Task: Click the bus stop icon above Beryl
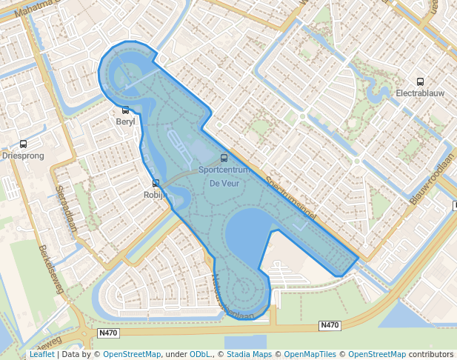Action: click(126, 110)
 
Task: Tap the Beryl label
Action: click(126, 122)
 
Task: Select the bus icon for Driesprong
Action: click(24, 144)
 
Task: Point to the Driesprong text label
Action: click(24, 156)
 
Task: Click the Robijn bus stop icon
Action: click(156, 183)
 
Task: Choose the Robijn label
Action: click(156, 195)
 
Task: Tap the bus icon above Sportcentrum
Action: click(224, 158)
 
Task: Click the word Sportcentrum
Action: click(224, 170)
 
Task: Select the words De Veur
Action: click(224, 183)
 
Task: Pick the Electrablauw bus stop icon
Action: click(421, 82)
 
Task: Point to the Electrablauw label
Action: click(421, 94)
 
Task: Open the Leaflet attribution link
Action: click(42, 355)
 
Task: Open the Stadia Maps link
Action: click(248, 355)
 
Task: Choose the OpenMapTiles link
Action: click(310, 355)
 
